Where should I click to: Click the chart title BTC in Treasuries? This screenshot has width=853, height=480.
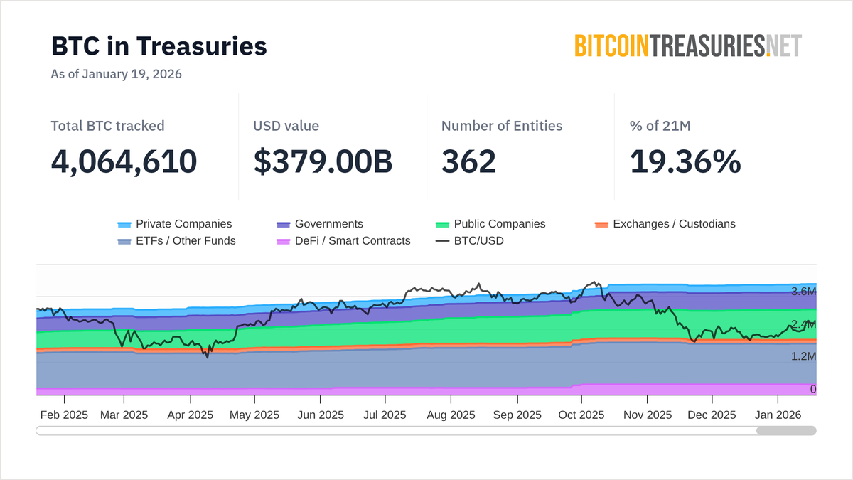(159, 46)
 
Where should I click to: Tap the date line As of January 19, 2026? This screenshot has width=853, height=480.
(116, 74)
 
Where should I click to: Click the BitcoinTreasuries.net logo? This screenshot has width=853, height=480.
(687, 46)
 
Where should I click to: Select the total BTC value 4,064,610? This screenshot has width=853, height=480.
(124, 161)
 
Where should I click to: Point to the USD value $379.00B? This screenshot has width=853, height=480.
(323, 161)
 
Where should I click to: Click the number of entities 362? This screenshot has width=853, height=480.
(468, 161)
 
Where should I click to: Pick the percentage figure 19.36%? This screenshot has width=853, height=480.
(685, 161)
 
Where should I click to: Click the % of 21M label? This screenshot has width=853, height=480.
(660, 126)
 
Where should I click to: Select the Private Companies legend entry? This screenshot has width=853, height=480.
(175, 224)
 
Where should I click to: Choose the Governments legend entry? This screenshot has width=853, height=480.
(320, 224)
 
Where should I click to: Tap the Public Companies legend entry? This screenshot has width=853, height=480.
(490, 224)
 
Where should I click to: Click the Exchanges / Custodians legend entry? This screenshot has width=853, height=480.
(665, 224)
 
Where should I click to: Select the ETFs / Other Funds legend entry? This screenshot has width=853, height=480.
(176, 241)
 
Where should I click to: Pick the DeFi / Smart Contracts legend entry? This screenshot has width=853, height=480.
(343, 241)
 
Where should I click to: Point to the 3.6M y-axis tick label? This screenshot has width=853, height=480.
(803, 292)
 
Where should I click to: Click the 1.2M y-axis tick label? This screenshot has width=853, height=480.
(803, 356)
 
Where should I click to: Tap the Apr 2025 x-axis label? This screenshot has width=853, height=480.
(190, 415)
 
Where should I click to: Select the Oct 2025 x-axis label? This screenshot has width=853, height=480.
(581, 415)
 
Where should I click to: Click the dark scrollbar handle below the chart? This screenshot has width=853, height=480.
(786, 430)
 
